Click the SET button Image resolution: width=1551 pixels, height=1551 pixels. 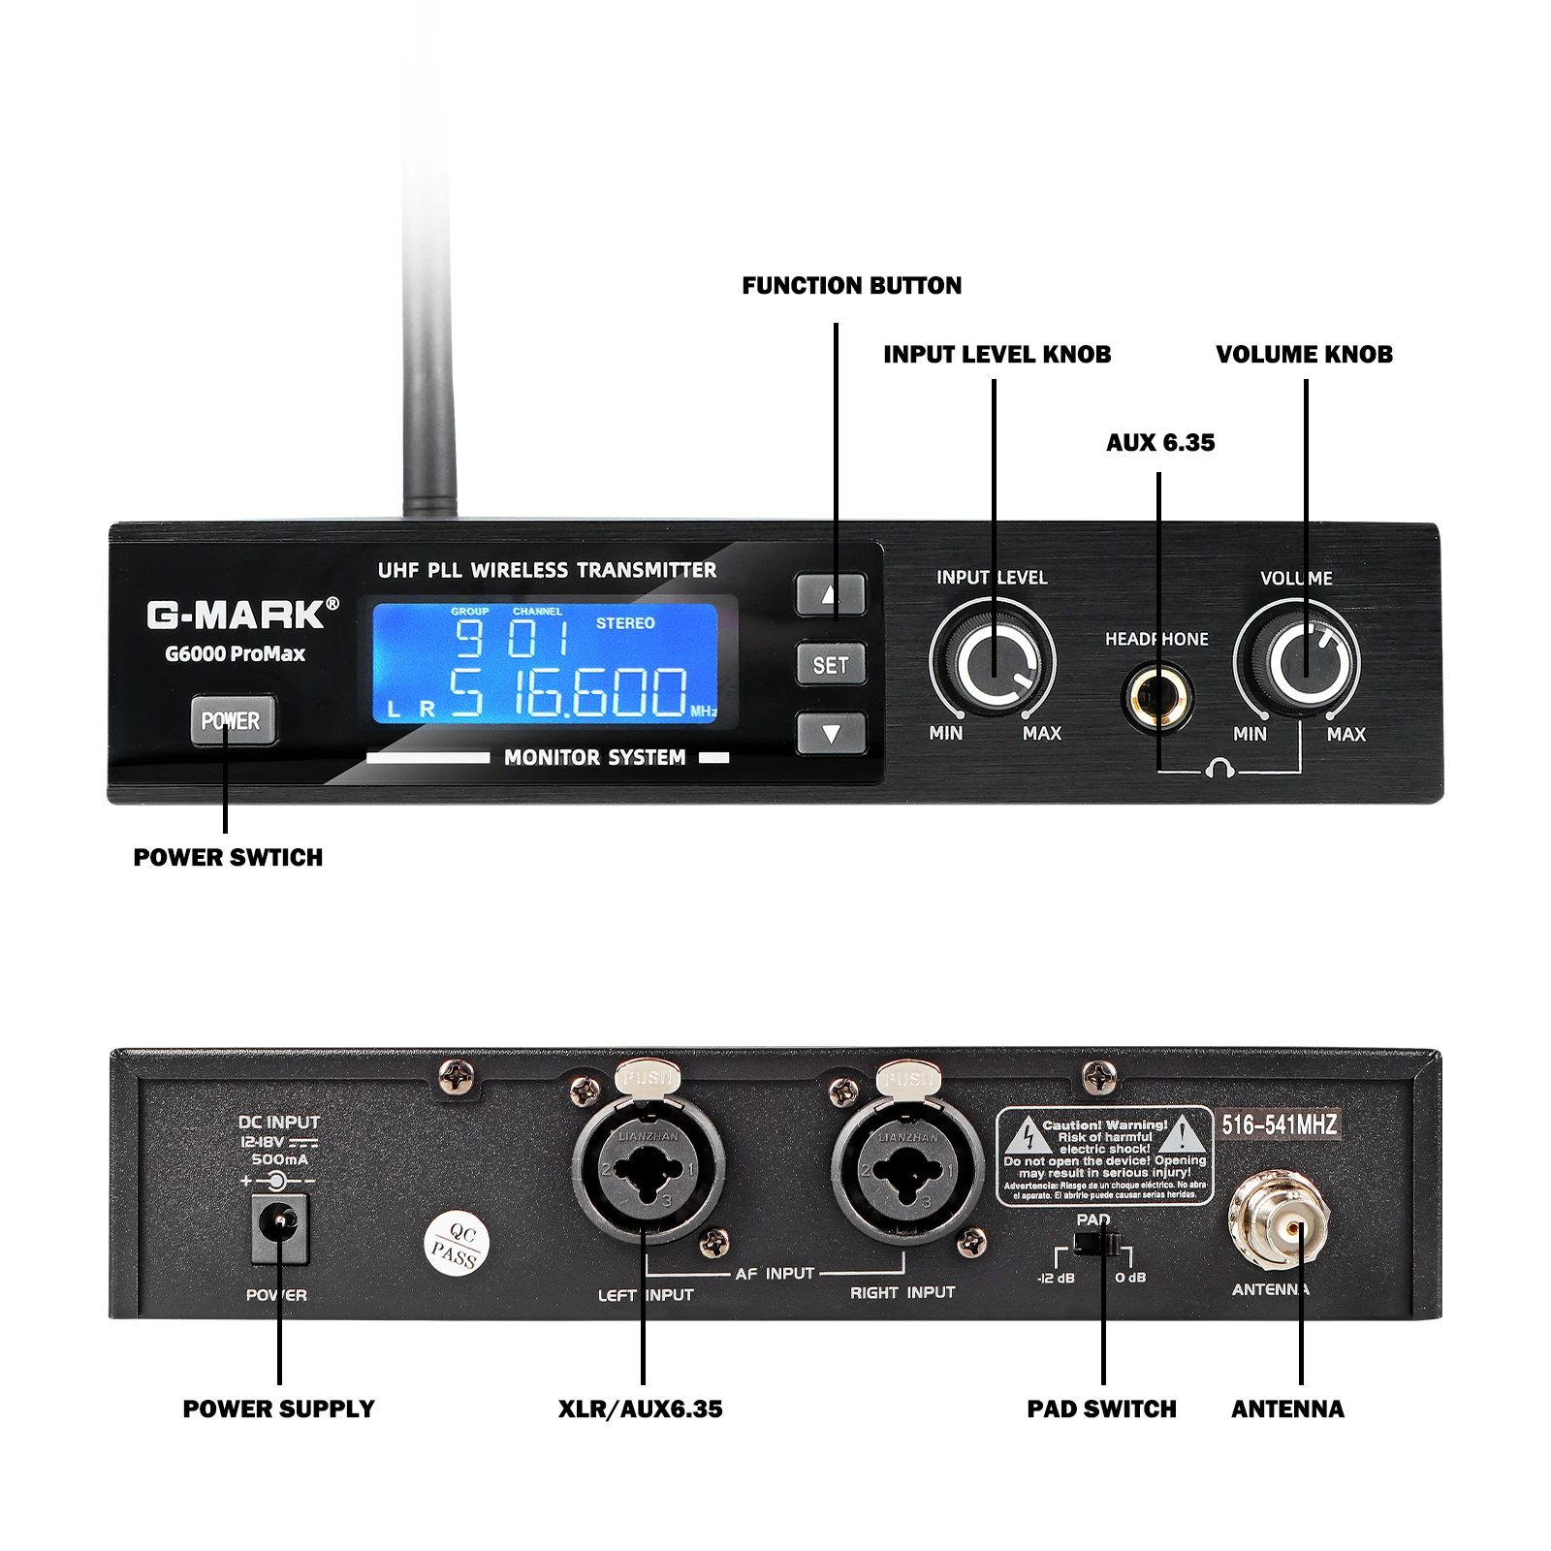(831, 665)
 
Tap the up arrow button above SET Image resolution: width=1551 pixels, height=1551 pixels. (831, 593)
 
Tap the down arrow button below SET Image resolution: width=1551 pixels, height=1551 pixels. (831, 734)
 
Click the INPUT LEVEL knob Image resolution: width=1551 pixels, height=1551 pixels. (993, 662)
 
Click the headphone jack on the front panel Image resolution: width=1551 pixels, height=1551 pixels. (1157, 696)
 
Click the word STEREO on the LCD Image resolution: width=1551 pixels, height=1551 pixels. (625, 623)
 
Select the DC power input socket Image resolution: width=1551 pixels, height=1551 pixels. (280, 1228)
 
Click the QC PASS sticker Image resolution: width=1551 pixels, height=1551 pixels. (457, 1244)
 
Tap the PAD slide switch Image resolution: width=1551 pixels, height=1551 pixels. (1097, 1245)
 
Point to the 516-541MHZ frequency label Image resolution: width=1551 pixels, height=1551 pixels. (1280, 1124)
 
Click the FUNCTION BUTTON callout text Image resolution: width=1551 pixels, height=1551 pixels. (852, 286)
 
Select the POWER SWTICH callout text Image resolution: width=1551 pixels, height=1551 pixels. (228, 858)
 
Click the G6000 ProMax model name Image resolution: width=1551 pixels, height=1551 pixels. (235, 654)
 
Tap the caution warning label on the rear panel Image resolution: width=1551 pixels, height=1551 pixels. (1105, 1156)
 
